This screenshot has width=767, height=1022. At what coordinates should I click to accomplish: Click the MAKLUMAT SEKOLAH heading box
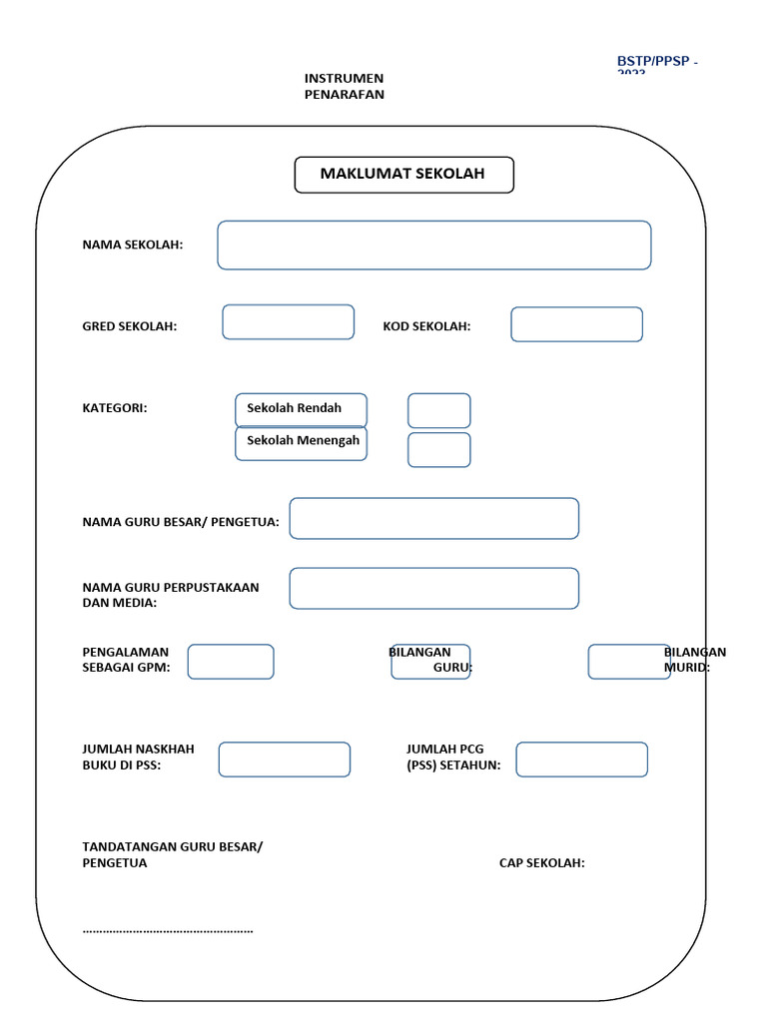[x=403, y=175]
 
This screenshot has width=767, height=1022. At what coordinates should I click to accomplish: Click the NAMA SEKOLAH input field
[x=434, y=246]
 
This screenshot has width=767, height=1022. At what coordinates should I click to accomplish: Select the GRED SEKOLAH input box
[x=288, y=322]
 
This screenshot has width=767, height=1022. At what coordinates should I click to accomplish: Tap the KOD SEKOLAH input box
[x=576, y=324]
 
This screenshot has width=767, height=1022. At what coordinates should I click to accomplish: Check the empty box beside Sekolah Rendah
[x=438, y=411]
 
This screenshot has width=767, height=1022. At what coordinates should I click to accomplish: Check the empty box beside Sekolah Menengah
[x=438, y=449]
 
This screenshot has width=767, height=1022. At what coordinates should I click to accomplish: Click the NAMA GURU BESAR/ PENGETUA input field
[x=433, y=519]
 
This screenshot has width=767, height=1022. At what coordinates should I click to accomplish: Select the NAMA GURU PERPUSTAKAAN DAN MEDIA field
[x=433, y=589]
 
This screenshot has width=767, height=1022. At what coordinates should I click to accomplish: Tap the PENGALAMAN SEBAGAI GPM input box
[x=231, y=662]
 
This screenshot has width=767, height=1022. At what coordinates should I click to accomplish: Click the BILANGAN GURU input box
[x=430, y=662]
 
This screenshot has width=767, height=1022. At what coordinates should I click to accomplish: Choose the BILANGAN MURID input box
[x=628, y=662]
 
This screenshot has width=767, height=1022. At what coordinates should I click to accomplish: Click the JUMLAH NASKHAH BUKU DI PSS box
[x=285, y=760]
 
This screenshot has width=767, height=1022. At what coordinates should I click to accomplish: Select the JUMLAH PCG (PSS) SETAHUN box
[x=581, y=760]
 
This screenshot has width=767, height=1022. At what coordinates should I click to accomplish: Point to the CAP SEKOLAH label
[x=542, y=863]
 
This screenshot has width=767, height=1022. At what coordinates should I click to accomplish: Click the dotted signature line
[x=168, y=930]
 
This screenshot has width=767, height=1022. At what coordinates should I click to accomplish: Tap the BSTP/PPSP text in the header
[x=656, y=63]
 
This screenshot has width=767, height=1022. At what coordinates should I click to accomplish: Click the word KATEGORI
[x=115, y=408]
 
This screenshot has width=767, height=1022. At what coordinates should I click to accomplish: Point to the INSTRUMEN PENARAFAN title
[x=344, y=87]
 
